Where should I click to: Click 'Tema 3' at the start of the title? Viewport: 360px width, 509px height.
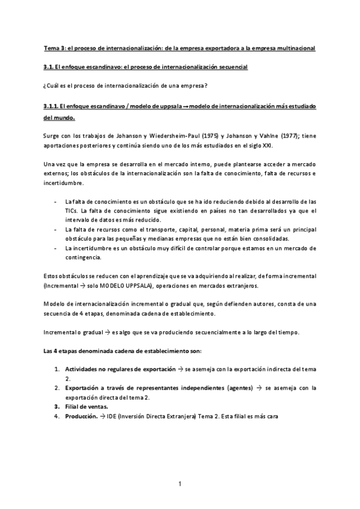(x=54, y=47)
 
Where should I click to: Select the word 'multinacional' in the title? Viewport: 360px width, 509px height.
(x=295, y=47)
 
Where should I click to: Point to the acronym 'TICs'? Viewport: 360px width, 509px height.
(x=71, y=211)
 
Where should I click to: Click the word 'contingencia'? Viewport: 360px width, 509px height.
(x=85, y=258)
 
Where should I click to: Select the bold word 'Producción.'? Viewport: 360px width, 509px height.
(x=81, y=417)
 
